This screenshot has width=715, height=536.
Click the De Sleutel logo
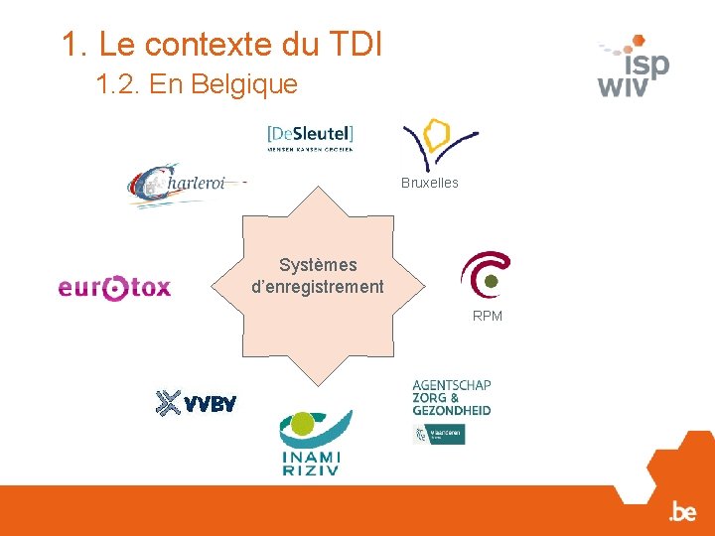(310, 137)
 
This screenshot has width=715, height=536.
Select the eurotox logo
(114, 288)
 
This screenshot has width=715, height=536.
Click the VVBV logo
(197, 403)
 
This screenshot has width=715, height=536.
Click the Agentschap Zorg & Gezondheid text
(451, 397)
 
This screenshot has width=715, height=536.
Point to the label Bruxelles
(429, 183)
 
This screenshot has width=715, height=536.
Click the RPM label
(487, 316)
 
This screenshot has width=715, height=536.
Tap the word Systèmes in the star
(318, 265)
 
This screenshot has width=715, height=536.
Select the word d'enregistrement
(318, 287)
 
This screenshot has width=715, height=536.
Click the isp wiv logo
(634, 67)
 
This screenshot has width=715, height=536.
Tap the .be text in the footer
(682, 512)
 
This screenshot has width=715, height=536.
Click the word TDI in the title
(351, 44)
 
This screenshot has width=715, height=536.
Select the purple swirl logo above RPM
(485, 274)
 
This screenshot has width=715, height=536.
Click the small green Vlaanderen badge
(439, 434)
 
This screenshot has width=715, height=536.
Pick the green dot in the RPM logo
(491, 284)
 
